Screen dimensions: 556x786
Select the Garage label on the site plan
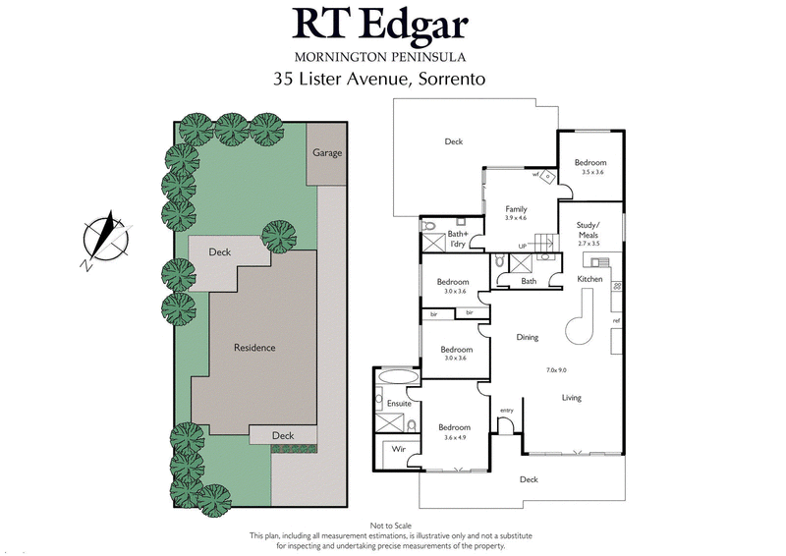pos(327,153)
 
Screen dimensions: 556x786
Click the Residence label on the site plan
pos(253,348)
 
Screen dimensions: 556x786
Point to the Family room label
pos(516,209)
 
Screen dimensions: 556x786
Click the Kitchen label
pos(589,280)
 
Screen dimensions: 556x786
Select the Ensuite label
pos(398,404)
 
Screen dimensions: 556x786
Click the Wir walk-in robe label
pos(399,449)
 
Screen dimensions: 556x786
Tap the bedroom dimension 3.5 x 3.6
pos(591,173)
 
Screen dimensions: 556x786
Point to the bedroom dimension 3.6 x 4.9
pos(454,438)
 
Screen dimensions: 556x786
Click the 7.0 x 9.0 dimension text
pos(557,369)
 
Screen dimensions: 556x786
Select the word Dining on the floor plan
pos(528,338)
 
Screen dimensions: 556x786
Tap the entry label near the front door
pos(507,411)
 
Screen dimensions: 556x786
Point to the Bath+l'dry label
pos(459,238)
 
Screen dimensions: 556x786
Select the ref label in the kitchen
pos(616,321)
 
